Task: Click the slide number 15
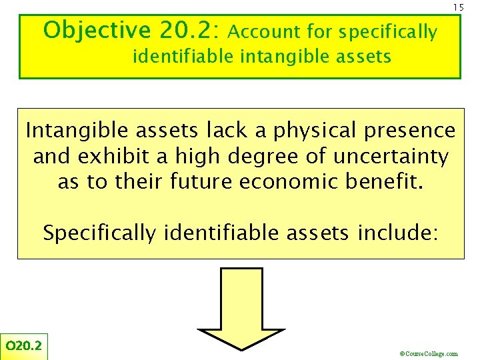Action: point(458,7)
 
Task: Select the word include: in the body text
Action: point(397,233)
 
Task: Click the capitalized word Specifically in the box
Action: point(99,233)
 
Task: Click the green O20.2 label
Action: point(23,345)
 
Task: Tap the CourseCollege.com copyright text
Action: point(428,354)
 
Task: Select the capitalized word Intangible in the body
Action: point(74,131)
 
